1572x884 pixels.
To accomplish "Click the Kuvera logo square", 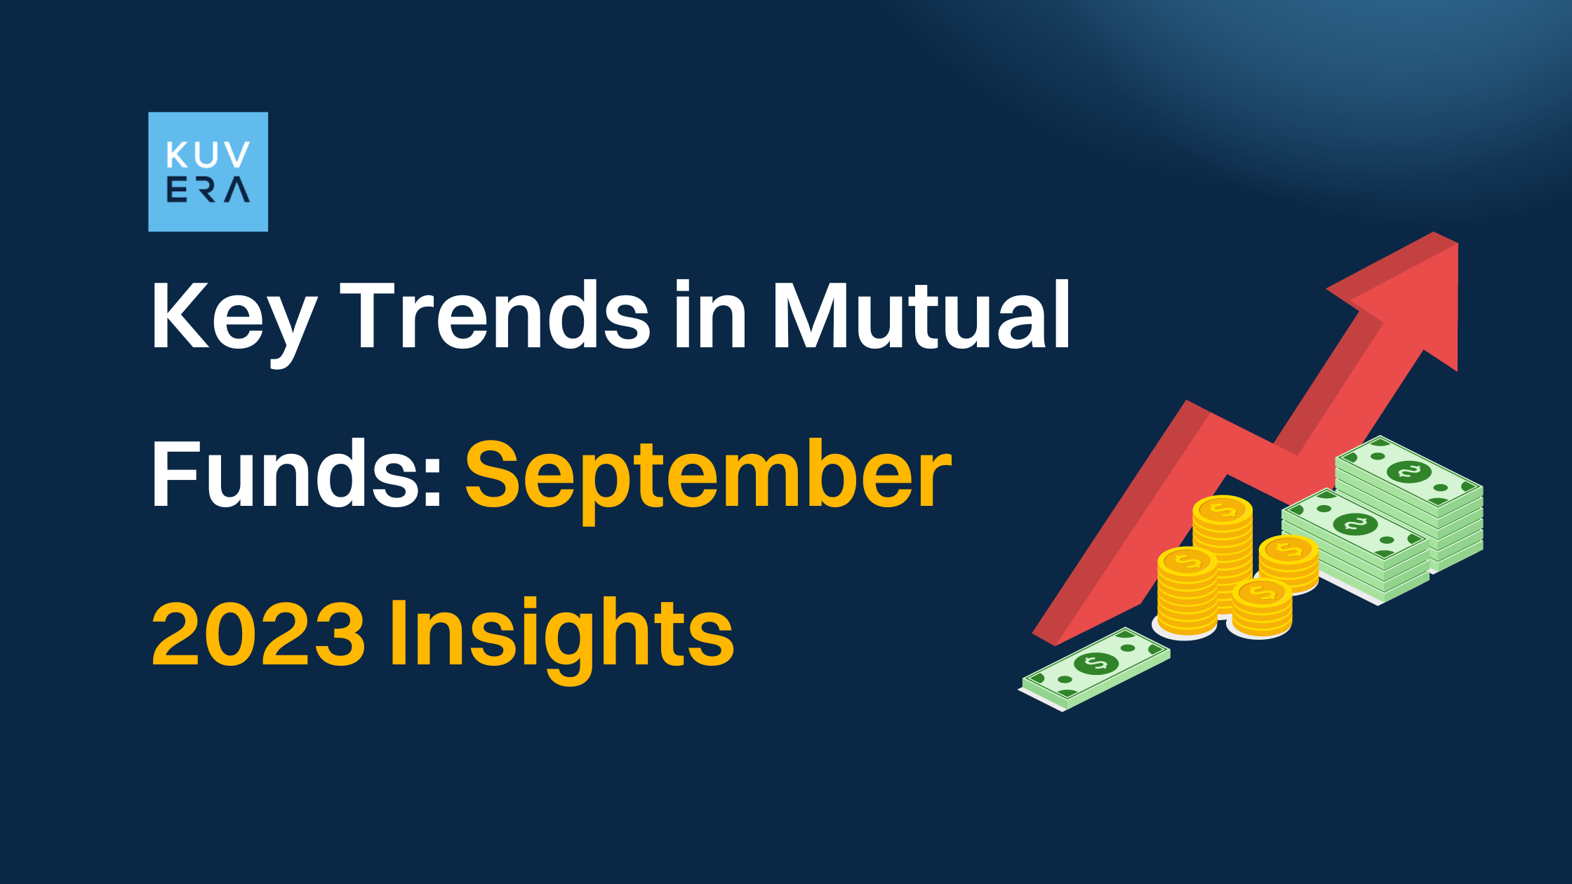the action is (208, 172).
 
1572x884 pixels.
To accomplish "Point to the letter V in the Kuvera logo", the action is (237, 155).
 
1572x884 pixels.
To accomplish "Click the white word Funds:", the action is (298, 473).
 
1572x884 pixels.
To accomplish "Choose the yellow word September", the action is (708, 481).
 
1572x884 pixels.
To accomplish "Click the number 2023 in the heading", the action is (258, 633).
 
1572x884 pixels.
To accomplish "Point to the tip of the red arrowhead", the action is (1457, 244).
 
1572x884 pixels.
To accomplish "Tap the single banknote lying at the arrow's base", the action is (1095, 668).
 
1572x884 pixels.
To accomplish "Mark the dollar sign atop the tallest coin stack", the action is (1223, 510).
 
